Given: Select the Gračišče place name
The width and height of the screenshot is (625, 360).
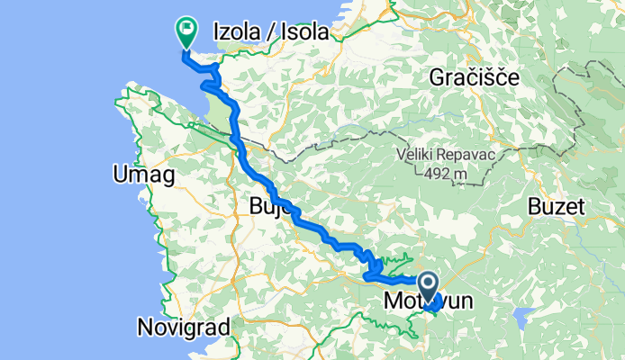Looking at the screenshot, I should tap(474, 77).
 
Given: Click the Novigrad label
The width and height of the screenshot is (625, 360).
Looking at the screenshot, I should tap(184, 327).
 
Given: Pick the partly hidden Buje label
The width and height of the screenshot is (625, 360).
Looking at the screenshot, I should tap(267, 210).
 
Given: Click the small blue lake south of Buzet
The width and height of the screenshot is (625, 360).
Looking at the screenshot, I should tap(521, 316).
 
